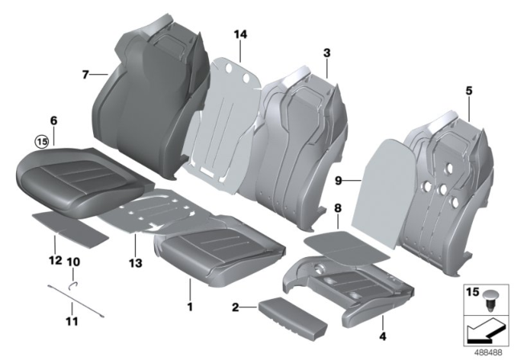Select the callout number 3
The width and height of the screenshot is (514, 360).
[x=326, y=52]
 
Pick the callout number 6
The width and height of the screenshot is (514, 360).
[x=53, y=121]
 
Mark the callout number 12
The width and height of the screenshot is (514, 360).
[x=54, y=260]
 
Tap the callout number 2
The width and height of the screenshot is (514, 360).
[x=236, y=309]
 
